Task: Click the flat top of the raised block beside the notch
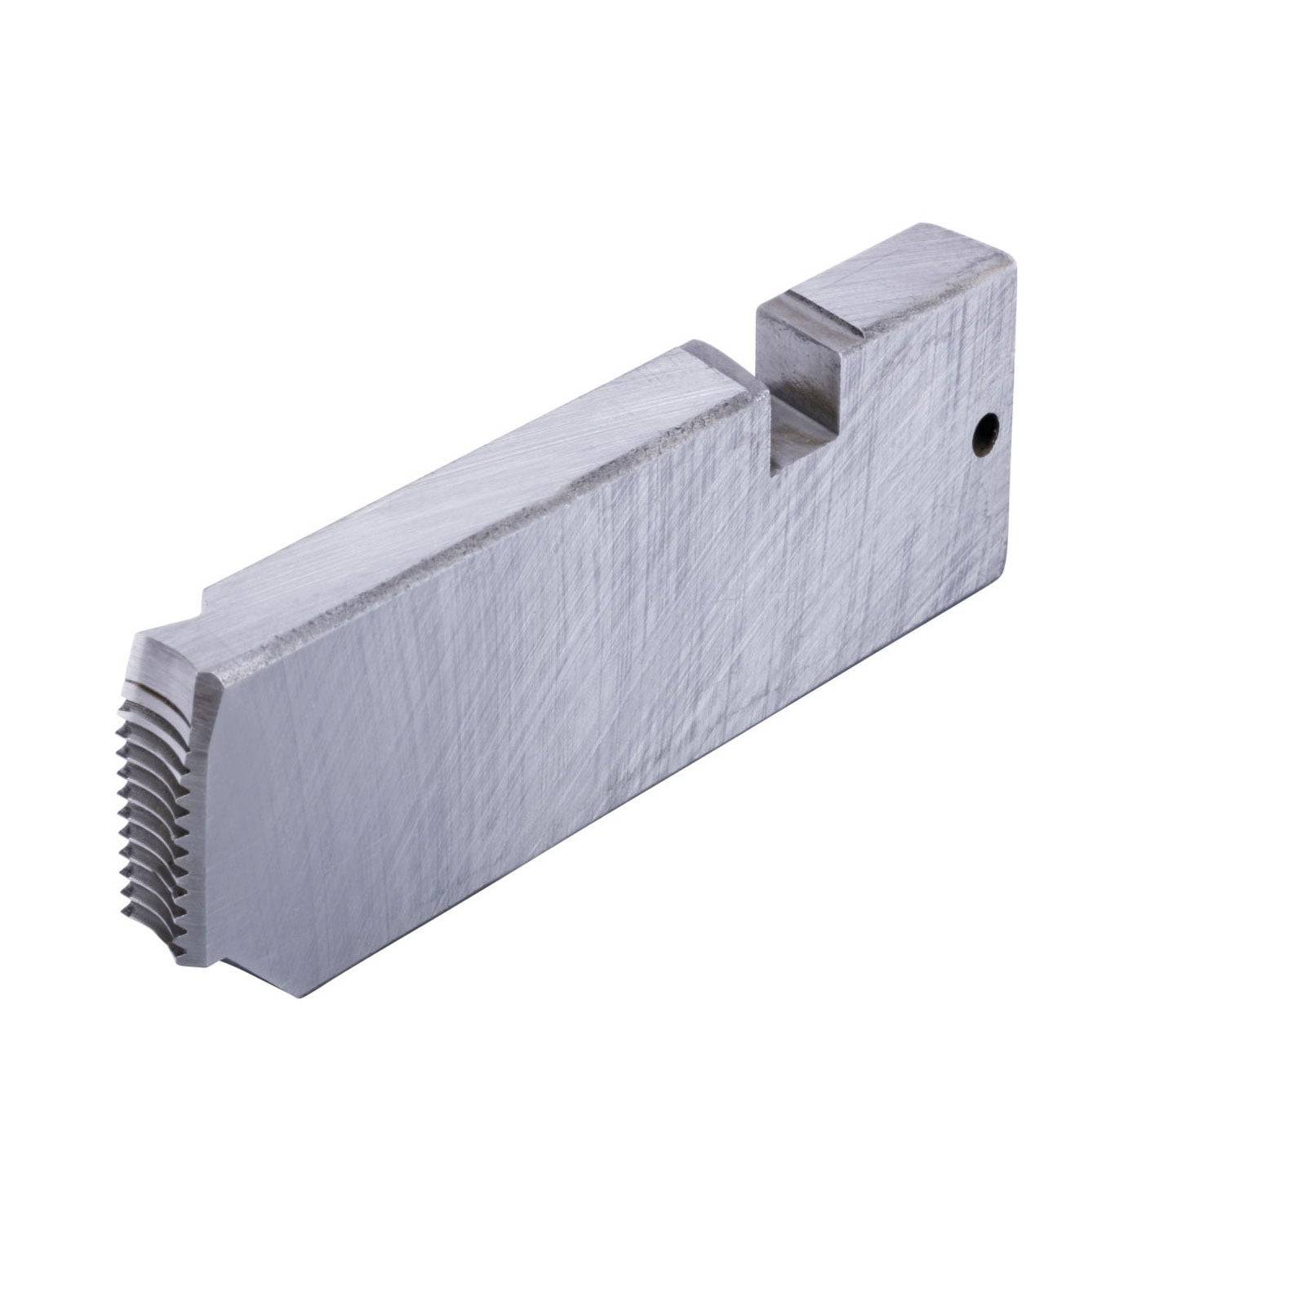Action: (898, 278)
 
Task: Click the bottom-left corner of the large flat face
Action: (303, 995)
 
